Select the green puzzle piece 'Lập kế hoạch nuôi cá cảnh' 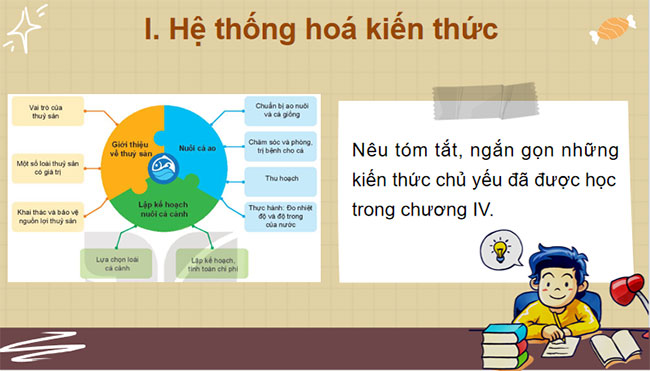(x=160, y=210)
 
